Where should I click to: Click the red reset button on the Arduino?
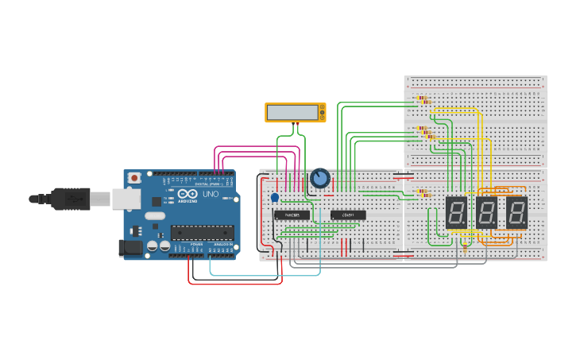coord(134,177)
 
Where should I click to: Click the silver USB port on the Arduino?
coord(126,199)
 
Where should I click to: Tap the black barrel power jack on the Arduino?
coord(130,248)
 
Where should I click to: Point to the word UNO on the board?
coord(211,194)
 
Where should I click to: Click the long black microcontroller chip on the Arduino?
coord(202,232)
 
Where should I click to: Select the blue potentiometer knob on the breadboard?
coord(320,178)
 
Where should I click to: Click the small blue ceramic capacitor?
coord(275,197)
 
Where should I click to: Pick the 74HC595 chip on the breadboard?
coord(292,215)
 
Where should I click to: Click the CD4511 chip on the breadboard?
coord(348,215)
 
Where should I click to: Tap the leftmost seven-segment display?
coord(456,212)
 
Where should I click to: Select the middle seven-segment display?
coord(486,212)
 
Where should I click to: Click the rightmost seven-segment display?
coord(516,212)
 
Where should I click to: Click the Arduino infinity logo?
coord(188,194)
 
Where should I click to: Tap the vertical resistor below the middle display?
coord(465,246)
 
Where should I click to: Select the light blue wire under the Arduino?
coord(262,274)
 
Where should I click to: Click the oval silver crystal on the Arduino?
coord(155,215)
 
